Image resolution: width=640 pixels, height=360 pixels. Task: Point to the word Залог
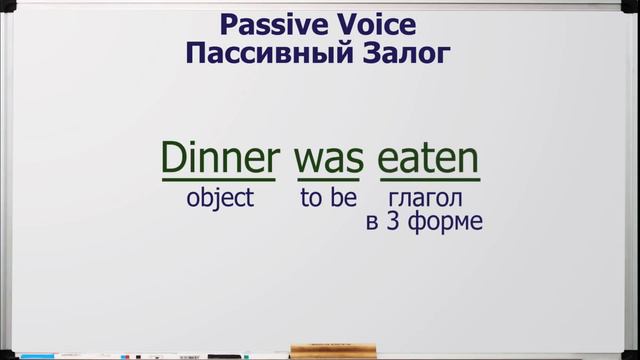tap(400, 53)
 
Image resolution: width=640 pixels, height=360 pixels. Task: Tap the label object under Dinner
tap(220, 197)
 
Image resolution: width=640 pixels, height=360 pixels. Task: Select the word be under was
tap(343, 197)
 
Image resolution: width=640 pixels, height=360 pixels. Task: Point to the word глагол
tap(425, 197)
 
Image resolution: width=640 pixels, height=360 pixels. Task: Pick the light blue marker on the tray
tap(40, 355)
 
